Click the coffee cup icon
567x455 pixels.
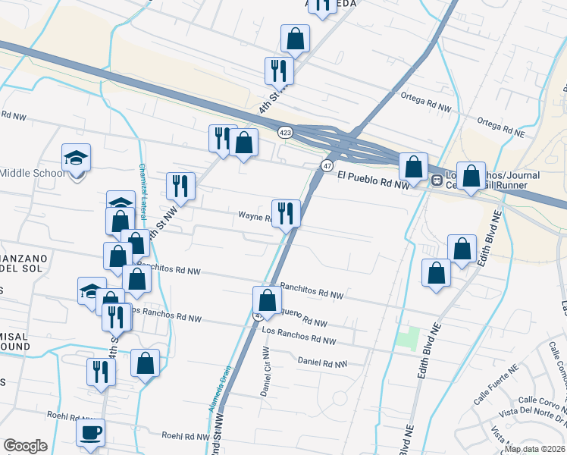91,432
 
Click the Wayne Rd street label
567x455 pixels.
255,216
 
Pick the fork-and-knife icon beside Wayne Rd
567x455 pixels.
286,212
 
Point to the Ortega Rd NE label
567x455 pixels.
501,125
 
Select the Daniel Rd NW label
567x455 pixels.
322,362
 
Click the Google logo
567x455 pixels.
26,445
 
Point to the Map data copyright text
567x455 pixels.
534,449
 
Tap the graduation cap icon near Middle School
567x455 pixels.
76,157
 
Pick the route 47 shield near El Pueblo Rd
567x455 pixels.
327,166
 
